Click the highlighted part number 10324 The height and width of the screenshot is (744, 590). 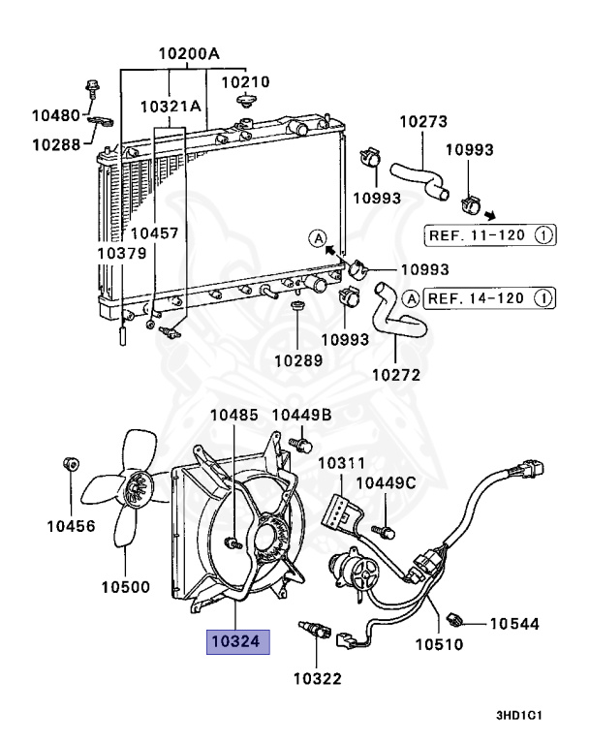click(237, 642)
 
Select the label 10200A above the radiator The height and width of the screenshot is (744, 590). click(189, 53)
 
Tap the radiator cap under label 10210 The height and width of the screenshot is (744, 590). click(246, 101)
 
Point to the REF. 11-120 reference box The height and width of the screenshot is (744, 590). click(489, 234)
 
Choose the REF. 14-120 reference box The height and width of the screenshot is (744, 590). click(489, 298)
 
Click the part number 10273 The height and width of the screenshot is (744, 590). click(423, 121)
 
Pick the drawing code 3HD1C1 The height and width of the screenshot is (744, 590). click(519, 716)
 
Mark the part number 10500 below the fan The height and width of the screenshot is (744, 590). click(125, 587)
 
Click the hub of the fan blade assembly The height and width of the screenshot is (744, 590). click(138, 489)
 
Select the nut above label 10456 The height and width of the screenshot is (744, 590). click(71, 464)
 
